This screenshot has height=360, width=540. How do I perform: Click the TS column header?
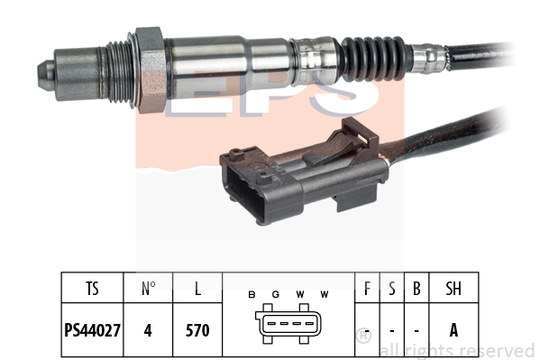pos(92,289)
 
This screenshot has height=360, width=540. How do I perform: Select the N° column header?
pos(149,289)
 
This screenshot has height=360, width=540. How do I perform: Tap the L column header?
pos(197,289)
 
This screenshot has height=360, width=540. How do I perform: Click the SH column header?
pos(453,289)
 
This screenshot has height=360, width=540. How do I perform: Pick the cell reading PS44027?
pos(92,330)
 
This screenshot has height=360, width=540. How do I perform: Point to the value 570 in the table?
pos(197,330)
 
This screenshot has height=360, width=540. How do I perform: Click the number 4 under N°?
pos(148,330)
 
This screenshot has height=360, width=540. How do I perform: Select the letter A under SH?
pos(453,330)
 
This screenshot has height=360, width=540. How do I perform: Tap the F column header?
pos(367,289)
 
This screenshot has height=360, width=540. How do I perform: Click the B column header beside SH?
pos(416,289)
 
